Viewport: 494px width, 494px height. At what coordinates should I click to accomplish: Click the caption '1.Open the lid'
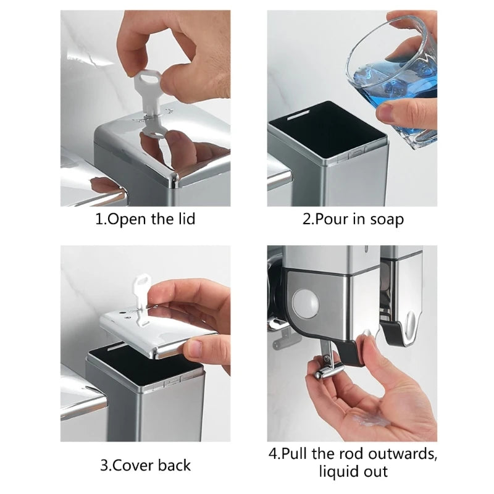click(145, 219)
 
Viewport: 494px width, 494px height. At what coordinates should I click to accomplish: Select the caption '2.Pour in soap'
click(353, 219)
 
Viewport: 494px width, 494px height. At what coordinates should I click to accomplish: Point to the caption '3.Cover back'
click(145, 464)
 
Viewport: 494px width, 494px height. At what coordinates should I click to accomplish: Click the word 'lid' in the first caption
click(185, 219)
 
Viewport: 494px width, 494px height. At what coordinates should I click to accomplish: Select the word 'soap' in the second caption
click(387, 219)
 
